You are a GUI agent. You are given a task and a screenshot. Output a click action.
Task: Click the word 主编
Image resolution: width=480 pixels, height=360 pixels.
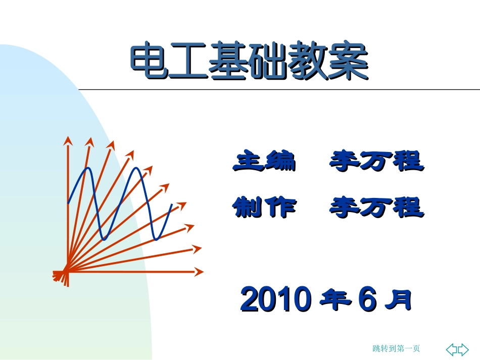tap(263, 162)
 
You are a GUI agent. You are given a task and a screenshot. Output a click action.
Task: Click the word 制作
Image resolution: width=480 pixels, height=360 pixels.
tap(263, 207)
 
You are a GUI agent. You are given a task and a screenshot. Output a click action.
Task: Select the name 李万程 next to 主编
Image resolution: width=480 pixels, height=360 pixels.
tap(376, 162)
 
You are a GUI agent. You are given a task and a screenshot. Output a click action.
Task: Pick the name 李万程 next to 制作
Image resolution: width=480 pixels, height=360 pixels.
tap(376, 207)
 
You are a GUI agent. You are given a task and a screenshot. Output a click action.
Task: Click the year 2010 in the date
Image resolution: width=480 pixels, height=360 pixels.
tap(274, 300)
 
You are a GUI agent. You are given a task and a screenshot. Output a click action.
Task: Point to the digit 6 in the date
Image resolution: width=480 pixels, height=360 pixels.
tap(367, 300)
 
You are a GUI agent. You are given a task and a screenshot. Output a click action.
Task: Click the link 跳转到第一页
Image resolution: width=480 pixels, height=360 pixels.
tap(396, 348)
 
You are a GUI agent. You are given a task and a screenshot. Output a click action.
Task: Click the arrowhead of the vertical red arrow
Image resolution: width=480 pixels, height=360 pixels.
tap(66, 140)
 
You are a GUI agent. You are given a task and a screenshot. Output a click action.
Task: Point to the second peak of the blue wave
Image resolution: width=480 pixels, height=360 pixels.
tap(136, 169)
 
